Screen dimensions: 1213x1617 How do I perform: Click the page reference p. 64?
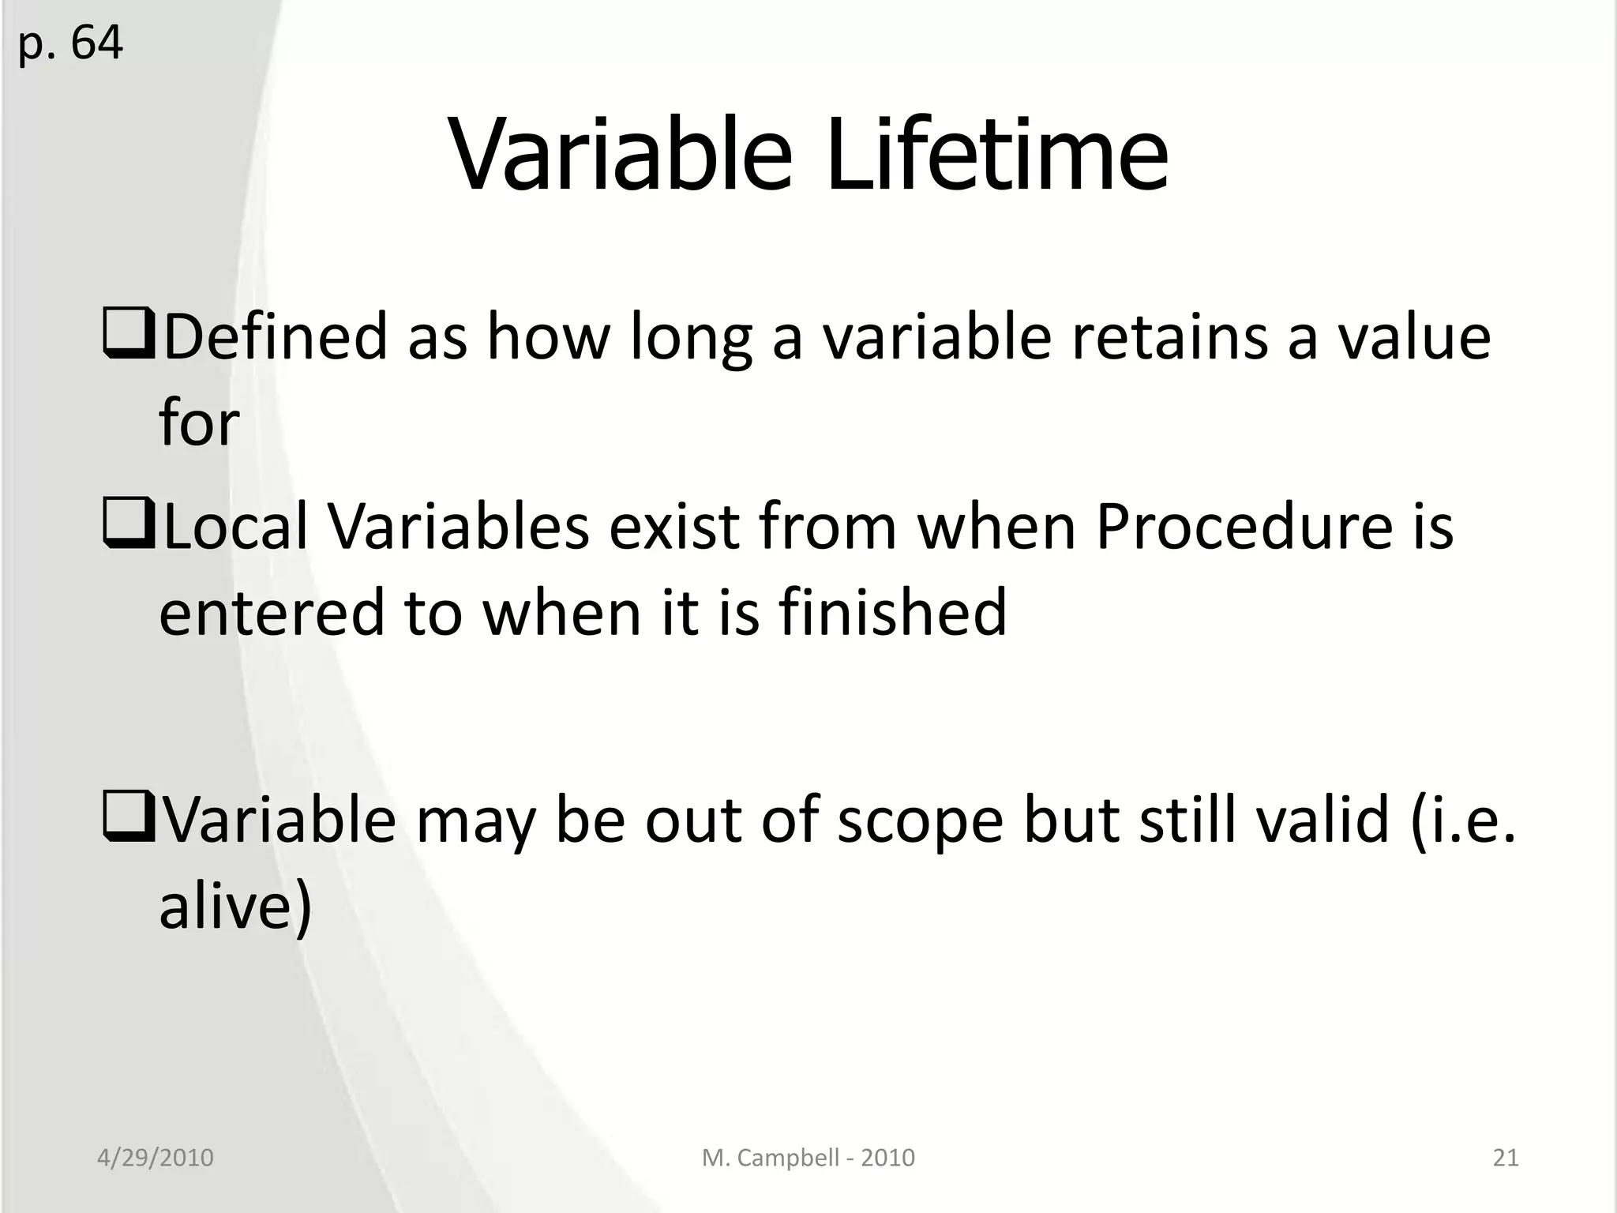[70, 43]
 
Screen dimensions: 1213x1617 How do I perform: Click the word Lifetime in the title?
[996, 155]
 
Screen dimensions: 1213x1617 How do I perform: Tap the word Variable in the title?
[621, 155]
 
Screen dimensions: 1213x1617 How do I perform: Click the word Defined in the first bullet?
[276, 336]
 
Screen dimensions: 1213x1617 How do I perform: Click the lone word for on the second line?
[199, 423]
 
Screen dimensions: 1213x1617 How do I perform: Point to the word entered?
[271, 612]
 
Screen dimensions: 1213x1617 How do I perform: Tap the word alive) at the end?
[235, 905]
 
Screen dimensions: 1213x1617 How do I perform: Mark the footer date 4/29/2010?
[156, 1158]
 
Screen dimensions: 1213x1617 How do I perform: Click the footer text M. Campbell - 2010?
[808, 1158]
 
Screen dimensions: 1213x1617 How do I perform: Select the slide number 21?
[1505, 1158]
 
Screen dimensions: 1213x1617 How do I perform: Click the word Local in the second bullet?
[235, 527]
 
